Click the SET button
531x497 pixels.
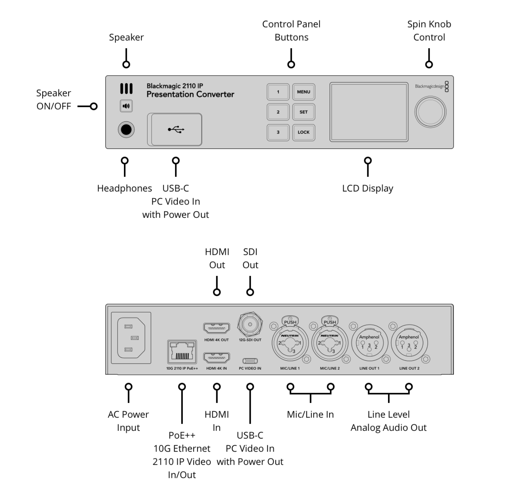304,112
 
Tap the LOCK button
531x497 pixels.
304,132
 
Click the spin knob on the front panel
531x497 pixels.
430,112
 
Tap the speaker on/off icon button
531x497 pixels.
126,106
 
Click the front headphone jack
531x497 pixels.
126,130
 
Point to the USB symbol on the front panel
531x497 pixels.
176,130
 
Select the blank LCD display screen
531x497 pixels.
369,112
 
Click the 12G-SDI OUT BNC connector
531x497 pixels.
250,324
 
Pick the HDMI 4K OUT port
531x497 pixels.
217,328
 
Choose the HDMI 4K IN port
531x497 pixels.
217,358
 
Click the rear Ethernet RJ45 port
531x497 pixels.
182,352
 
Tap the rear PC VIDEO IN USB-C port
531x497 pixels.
250,361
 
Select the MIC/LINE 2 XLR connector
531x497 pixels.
330,342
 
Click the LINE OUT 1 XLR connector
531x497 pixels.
369,342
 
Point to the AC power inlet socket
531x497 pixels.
131,338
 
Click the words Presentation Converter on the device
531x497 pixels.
190,94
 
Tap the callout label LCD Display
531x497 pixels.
368,188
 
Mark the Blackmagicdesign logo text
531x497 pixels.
429,86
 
